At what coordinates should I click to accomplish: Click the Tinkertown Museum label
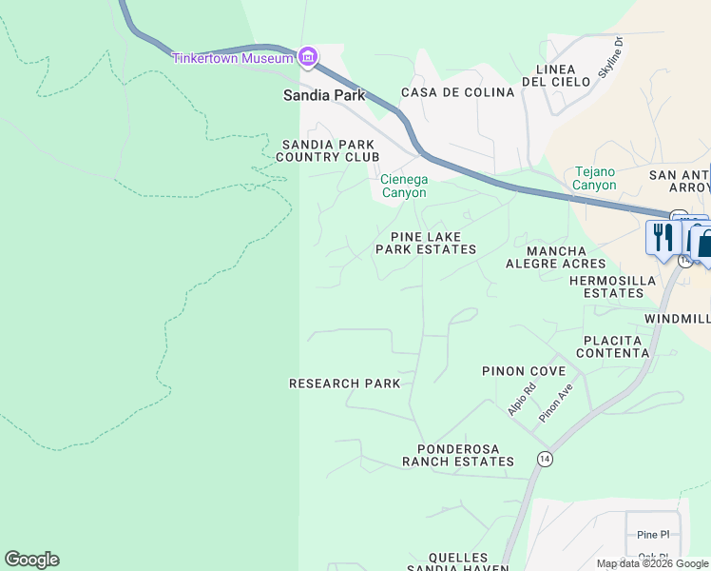pyautogui.click(x=232, y=58)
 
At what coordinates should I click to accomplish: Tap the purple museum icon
pyautogui.click(x=307, y=58)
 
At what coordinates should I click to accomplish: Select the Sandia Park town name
pyautogui.click(x=323, y=95)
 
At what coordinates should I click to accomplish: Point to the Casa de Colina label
pyautogui.click(x=457, y=92)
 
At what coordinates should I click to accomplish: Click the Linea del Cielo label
pyautogui.click(x=563, y=75)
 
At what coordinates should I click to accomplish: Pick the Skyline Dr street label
pyautogui.click(x=609, y=58)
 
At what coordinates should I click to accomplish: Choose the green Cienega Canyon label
pyautogui.click(x=404, y=186)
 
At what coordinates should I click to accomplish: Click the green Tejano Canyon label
pyautogui.click(x=596, y=178)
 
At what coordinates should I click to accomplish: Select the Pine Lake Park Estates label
pyautogui.click(x=425, y=243)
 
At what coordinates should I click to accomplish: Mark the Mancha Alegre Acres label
pyautogui.click(x=555, y=257)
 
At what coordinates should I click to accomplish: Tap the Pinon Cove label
pyautogui.click(x=524, y=371)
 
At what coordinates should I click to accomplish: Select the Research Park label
pyautogui.click(x=344, y=384)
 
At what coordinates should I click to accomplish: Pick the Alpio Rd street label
pyautogui.click(x=522, y=398)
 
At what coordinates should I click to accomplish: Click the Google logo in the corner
pyautogui.click(x=31, y=560)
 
